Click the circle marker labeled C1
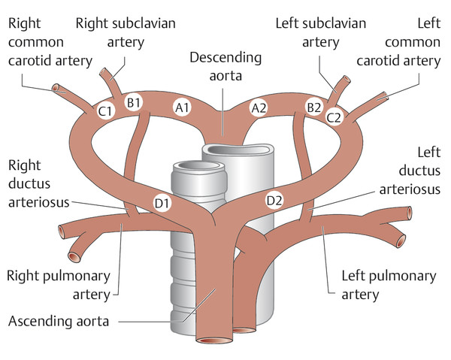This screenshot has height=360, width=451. [106, 111]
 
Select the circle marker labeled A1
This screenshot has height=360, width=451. [182, 107]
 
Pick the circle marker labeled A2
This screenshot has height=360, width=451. [259, 108]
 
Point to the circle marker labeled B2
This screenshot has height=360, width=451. [313, 106]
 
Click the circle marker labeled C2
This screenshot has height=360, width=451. [334, 116]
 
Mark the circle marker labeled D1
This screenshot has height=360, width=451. [161, 201]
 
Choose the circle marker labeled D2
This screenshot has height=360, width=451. [275, 200]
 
